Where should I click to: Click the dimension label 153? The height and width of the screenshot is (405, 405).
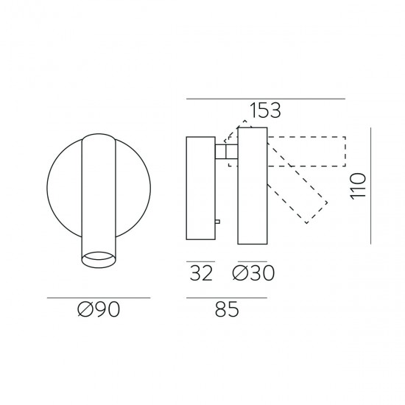click(x=265, y=111)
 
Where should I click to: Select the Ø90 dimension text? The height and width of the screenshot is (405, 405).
click(x=98, y=311)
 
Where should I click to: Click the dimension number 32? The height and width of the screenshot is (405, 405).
click(x=201, y=273)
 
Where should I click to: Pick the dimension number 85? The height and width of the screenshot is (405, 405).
click(x=226, y=311)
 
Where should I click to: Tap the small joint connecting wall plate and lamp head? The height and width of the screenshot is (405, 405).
click(x=226, y=152)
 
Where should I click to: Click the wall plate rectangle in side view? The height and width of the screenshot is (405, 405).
click(x=200, y=187)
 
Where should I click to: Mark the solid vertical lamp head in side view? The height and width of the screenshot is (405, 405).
click(x=251, y=186)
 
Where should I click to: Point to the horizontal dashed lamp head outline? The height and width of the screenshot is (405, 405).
click(x=306, y=151)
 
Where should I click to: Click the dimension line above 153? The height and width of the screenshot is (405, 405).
click(x=266, y=99)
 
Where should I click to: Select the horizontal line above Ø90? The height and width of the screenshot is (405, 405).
click(x=98, y=297)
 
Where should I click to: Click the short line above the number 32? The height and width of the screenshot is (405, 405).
click(x=200, y=261)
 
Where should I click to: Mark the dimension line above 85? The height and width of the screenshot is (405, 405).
click(x=226, y=297)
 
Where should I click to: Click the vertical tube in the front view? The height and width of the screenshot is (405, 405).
click(x=98, y=191)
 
